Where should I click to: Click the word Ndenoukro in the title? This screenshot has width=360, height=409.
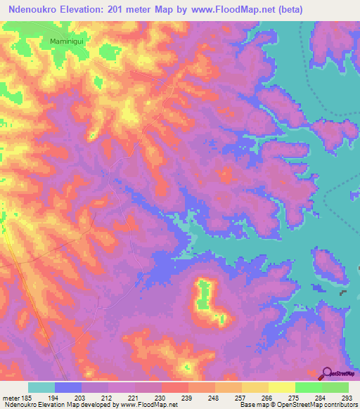(x=34, y=9)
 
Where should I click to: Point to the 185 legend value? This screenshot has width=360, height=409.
(x=28, y=398)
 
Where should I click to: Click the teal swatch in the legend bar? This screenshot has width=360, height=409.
(x=41, y=387)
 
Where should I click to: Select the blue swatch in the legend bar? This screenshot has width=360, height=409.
(x=68, y=387)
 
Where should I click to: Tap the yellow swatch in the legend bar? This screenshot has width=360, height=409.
(x=282, y=387)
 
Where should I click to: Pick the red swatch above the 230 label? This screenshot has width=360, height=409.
(x=175, y=387)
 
